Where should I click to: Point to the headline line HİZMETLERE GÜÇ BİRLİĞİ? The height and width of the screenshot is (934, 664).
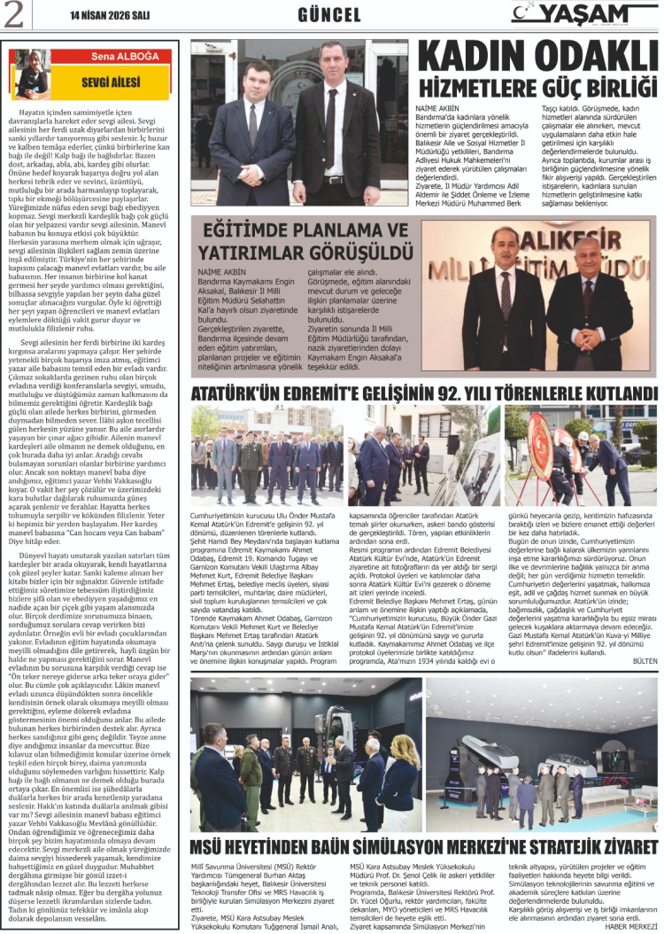pos(536,90)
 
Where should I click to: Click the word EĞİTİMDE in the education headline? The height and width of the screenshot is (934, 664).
pos(252,230)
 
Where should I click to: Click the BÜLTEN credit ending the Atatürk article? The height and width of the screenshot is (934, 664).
pos(643,661)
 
